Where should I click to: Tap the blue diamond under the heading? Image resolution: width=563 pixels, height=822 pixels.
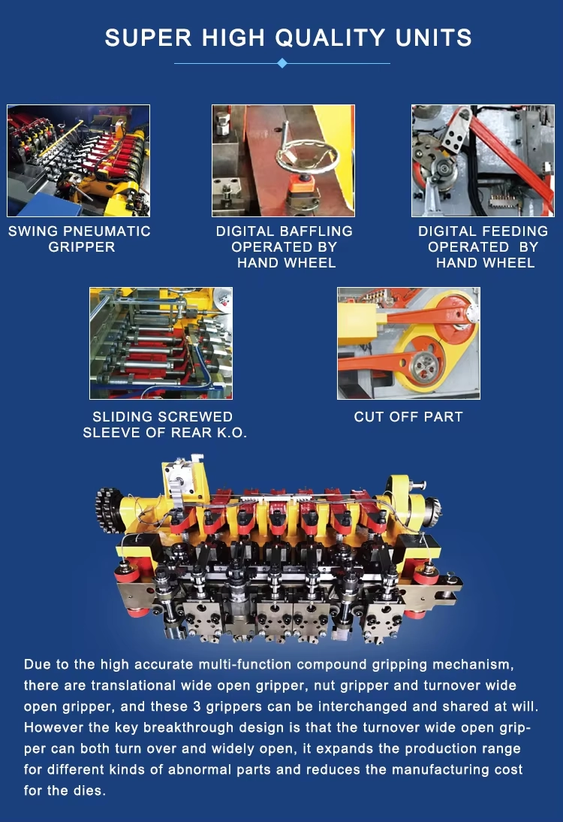(282, 63)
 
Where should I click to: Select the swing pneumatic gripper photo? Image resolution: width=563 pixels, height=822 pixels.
(79, 160)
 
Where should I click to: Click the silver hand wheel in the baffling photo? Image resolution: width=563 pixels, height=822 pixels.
(308, 157)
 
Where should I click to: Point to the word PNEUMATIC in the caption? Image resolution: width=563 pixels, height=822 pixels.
(107, 231)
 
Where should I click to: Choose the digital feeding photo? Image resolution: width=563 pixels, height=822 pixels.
(483, 160)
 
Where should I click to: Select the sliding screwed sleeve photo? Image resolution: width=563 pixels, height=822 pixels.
(161, 343)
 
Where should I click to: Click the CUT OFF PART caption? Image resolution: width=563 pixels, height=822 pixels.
(408, 417)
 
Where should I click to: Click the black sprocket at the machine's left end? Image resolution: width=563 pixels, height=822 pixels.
(108, 510)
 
